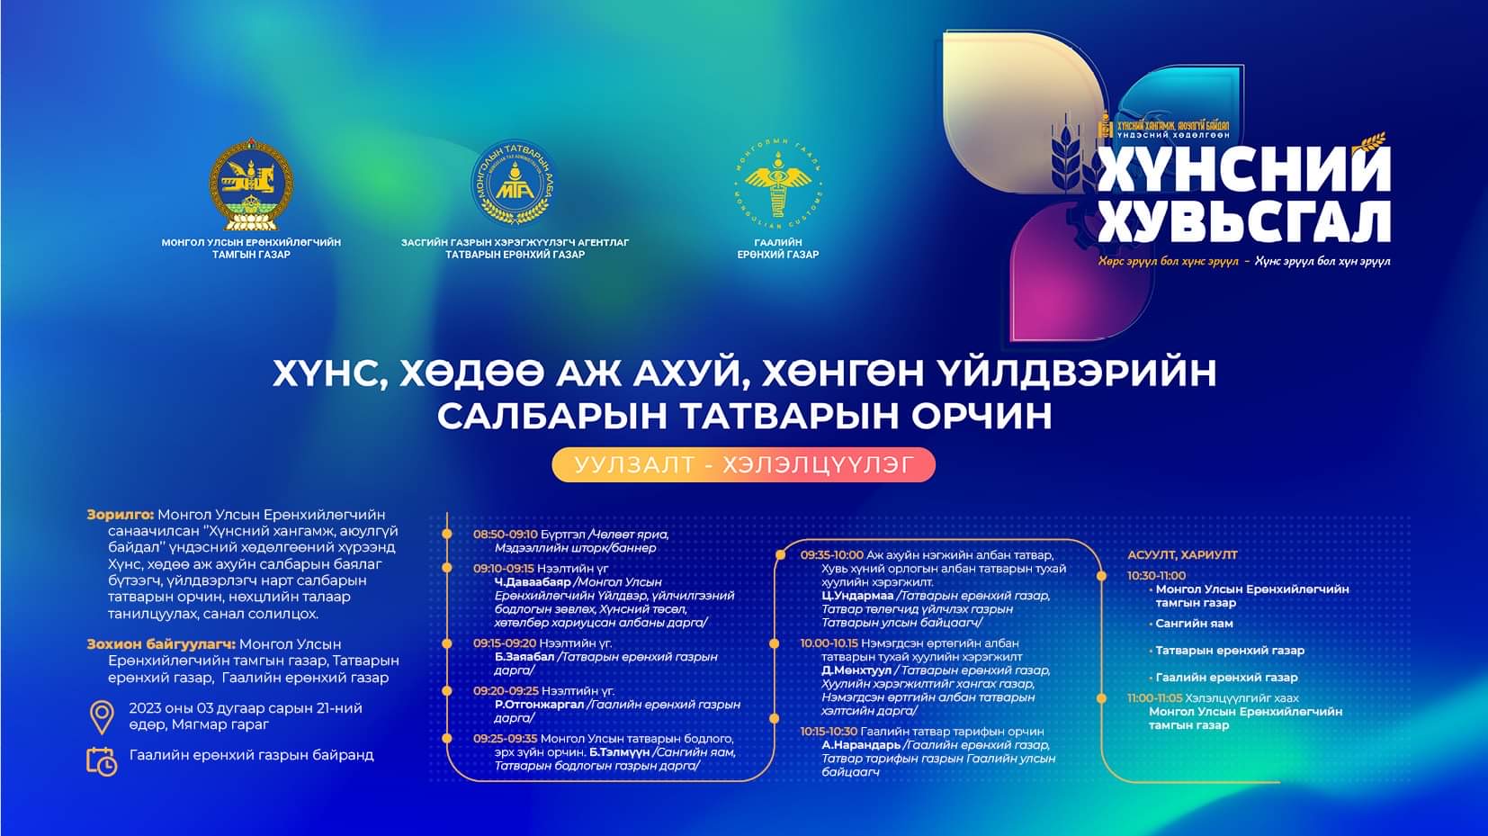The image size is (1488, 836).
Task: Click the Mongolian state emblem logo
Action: [x=251, y=185]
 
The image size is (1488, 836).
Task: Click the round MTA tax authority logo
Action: [x=514, y=184]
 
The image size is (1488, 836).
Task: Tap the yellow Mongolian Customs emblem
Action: [x=777, y=184]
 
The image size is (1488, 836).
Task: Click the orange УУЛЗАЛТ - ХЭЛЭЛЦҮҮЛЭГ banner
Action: [x=743, y=464]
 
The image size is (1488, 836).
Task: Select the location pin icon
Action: [x=102, y=716]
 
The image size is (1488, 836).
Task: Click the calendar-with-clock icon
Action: [x=102, y=760]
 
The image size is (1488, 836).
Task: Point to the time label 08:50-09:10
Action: [x=505, y=534]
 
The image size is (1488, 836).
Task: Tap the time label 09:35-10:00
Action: [x=831, y=555]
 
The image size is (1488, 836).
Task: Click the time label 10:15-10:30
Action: [x=829, y=732]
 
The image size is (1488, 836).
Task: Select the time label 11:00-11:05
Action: [x=1154, y=697]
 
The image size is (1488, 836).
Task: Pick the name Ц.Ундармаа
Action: [x=857, y=596]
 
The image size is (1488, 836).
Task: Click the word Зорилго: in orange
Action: [x=121, y=515]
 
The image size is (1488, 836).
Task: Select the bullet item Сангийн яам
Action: [x=1194, y=623]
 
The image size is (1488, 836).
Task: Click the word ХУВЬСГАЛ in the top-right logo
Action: [x=1244, y=220]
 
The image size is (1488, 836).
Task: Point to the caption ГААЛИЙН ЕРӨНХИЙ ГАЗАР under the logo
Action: [x=777, y=248]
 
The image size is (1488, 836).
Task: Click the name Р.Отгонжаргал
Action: [x=539, y=705]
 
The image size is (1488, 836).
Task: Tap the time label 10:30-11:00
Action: [x=1156, y=575]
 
